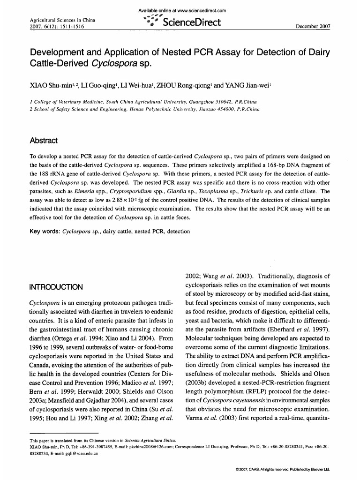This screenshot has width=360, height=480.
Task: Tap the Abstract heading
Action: (43, 141)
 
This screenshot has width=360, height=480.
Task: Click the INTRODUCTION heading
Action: (56, 286)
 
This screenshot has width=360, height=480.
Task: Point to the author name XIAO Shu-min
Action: (50, 86)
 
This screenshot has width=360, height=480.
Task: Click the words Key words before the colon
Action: (44, 232)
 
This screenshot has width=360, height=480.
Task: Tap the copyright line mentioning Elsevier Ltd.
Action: (284, 469)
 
